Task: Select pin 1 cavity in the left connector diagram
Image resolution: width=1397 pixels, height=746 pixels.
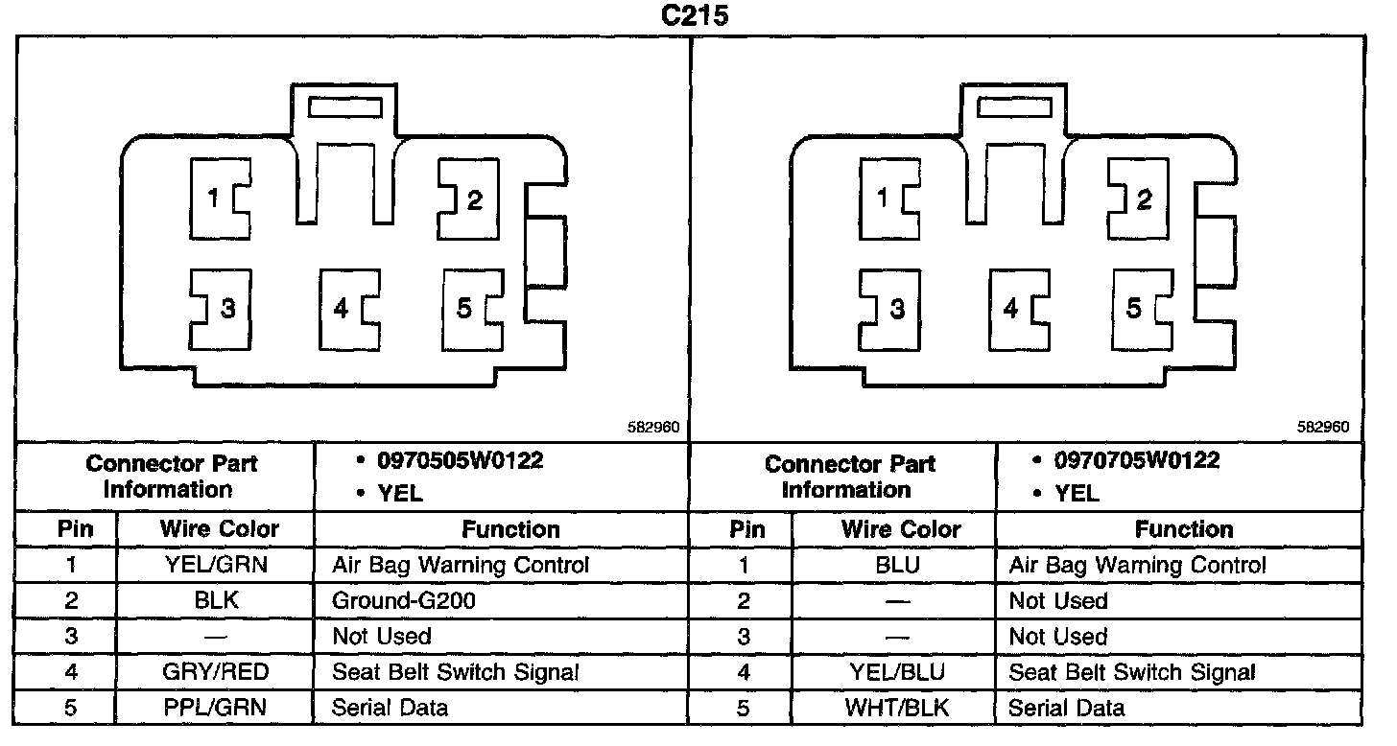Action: click(220, 198)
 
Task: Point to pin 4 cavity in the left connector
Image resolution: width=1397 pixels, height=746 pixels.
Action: click(347, 309)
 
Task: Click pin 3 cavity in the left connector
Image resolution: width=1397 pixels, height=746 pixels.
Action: click(220, 309)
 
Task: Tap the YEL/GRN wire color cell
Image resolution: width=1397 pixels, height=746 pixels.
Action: click(216, 566)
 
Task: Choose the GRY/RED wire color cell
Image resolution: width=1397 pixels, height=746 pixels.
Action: click(216, 672)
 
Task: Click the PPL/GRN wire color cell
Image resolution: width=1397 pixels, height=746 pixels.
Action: click(216, 709)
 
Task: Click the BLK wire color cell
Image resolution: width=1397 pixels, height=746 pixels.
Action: click(216, 601)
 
